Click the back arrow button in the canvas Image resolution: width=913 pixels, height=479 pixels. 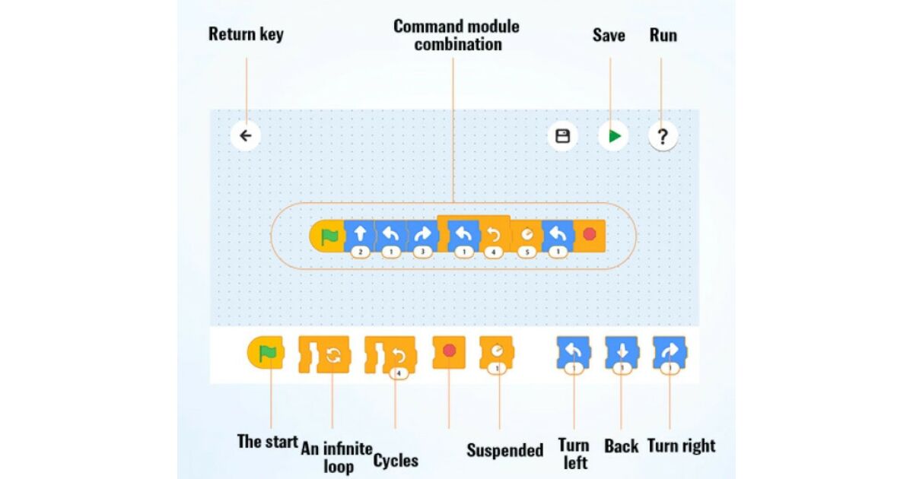click(x=246, y=136)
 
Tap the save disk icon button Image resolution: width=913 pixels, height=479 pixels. click(x=562, y=136)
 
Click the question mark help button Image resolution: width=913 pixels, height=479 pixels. click(x=663, y=137)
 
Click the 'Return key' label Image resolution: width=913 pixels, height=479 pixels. click(x=246, y=34)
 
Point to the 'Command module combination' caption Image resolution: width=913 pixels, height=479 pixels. click(x=456, y=35)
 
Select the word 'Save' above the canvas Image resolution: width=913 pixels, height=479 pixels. click(x=609, y=35)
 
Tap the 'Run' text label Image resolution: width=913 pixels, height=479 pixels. click(x=663, y=35)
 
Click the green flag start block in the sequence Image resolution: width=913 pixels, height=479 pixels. click(x=328, y=236)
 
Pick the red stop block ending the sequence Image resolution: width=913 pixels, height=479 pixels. click(x=589, y=236)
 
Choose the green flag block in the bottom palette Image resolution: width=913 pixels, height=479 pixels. click(x=266, y=353)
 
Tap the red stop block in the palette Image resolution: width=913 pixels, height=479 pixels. click(x=449, y=352)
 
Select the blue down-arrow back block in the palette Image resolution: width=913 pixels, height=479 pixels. click(x=622, y=353)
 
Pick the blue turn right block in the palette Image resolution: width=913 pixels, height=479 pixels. click(x=670, y=353)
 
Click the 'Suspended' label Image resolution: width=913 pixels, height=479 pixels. click(x=504, y=450)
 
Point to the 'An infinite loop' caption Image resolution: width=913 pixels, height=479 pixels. click(x=337, y=455)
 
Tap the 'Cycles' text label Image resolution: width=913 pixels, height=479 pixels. click(x=396, y=461)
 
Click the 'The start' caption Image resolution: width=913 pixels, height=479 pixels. click(x=267, y=442)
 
